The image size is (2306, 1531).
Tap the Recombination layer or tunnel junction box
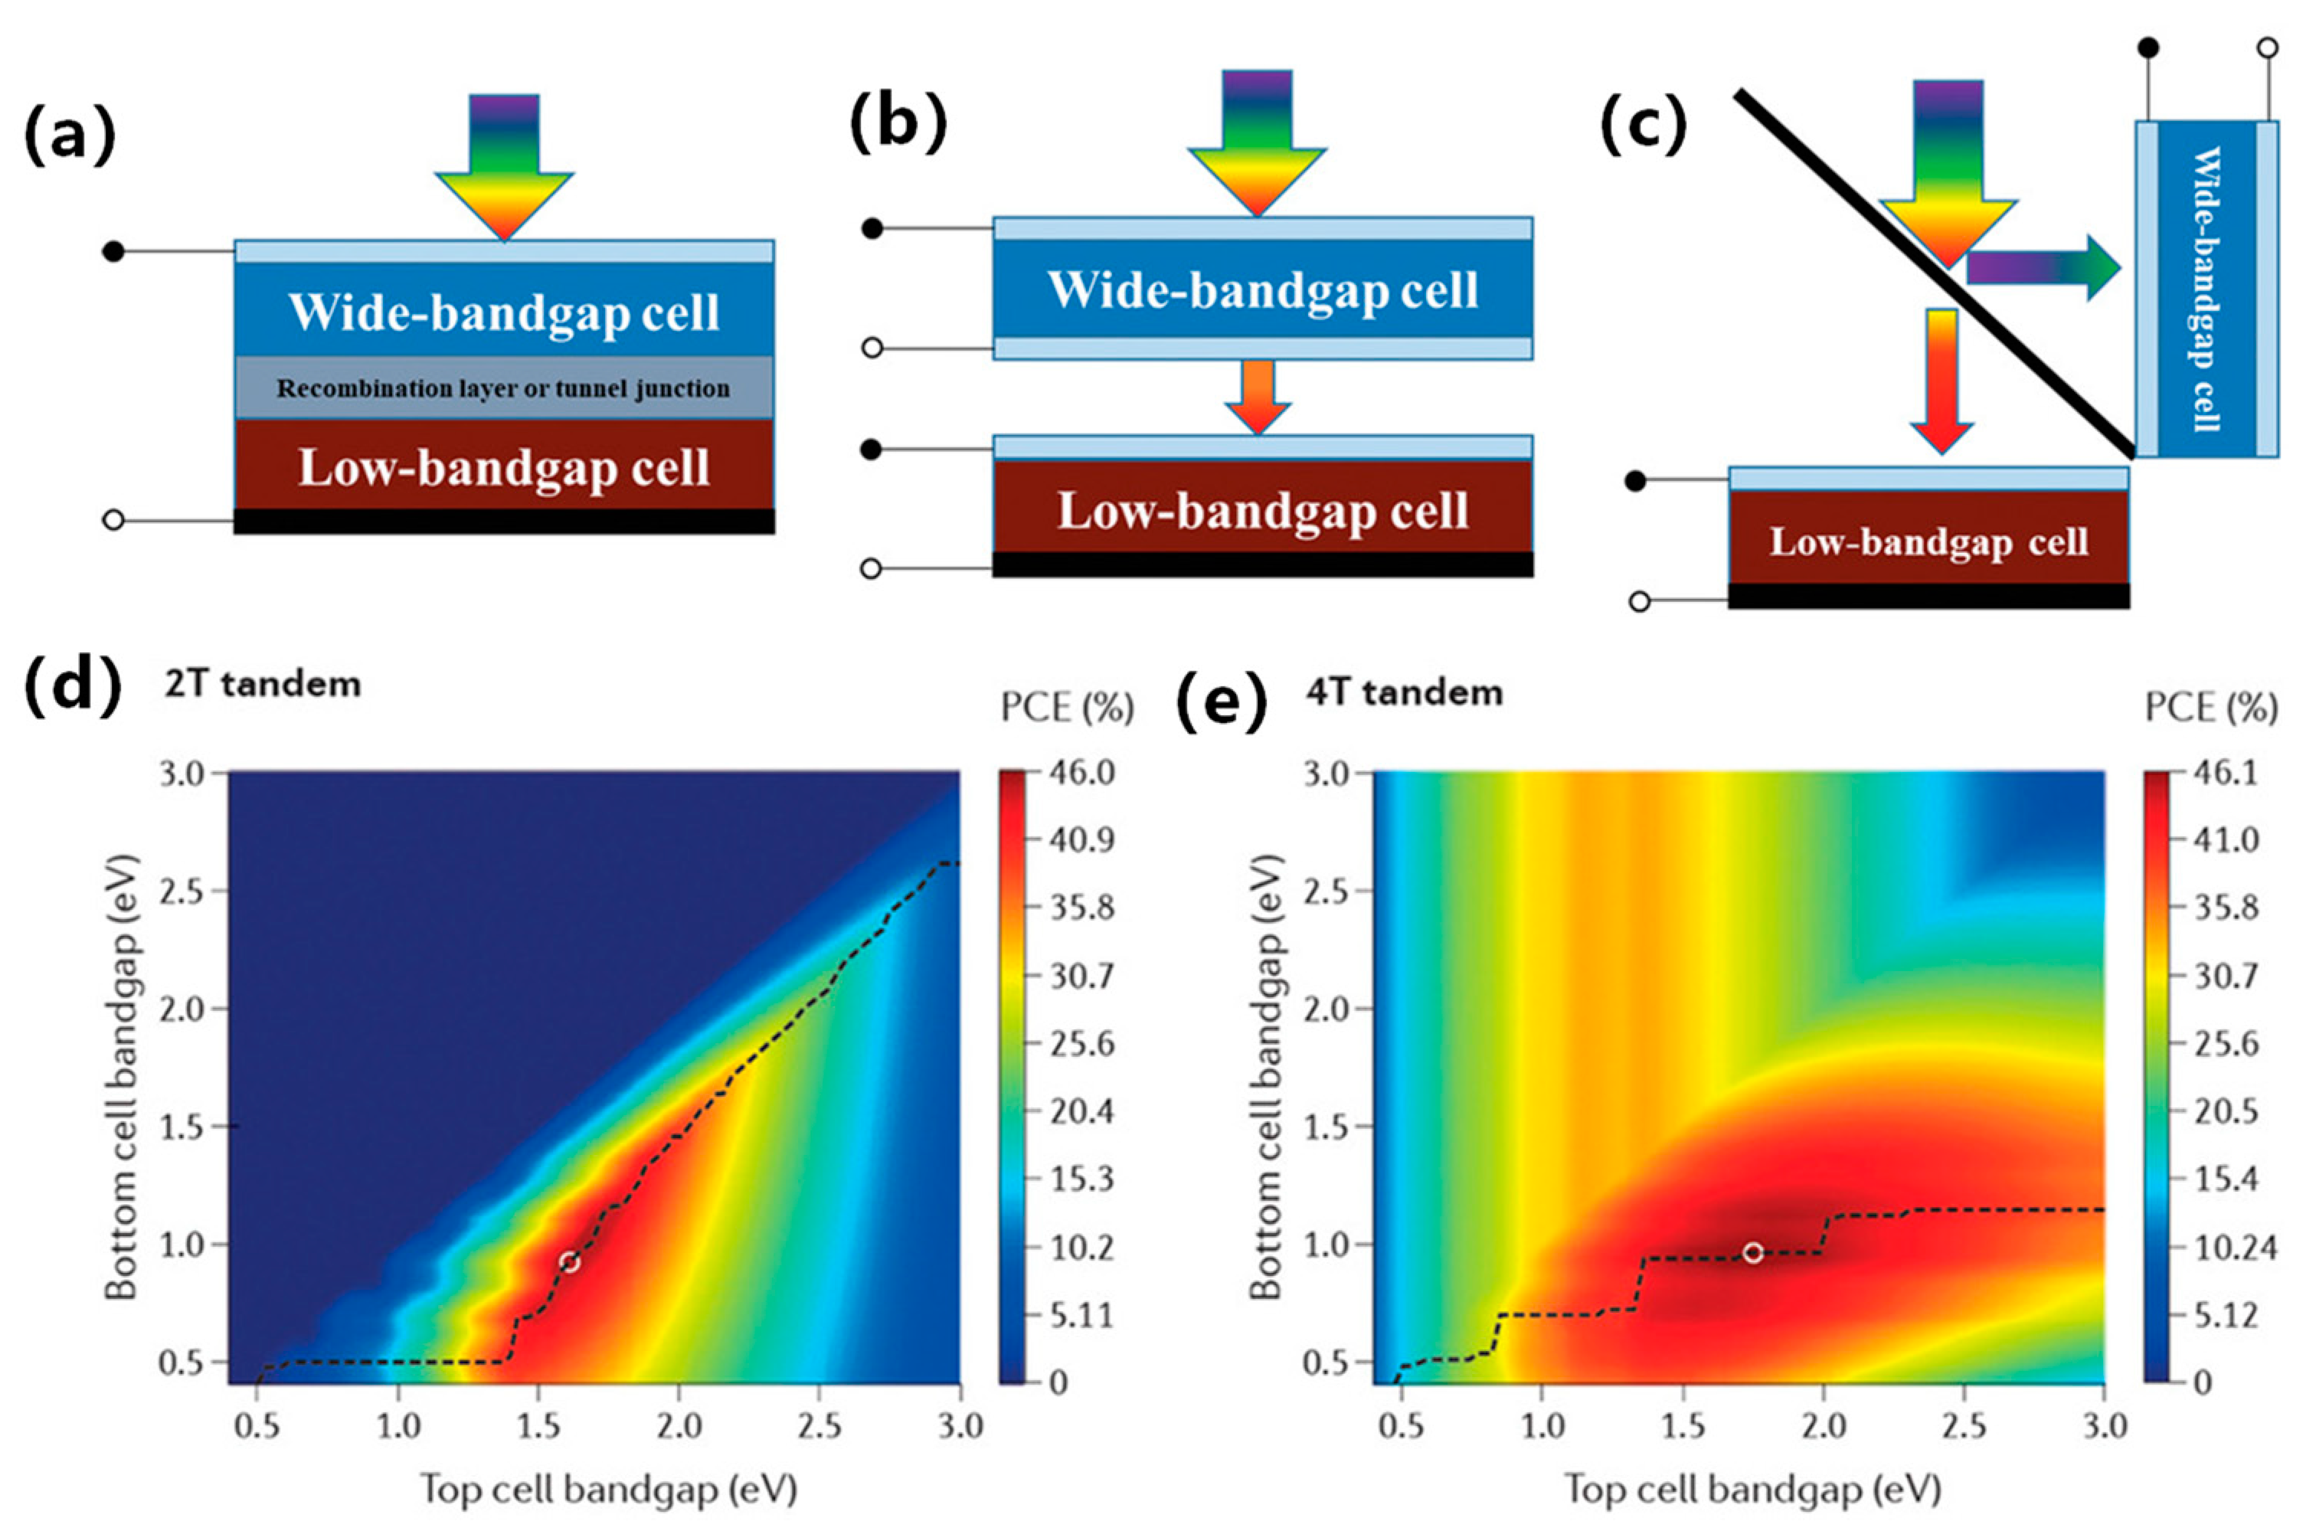click(503, 388)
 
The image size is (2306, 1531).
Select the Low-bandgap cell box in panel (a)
click(503, 466)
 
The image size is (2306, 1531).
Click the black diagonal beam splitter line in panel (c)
click(1933, 273)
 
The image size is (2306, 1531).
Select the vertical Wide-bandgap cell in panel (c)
click(2206, 289)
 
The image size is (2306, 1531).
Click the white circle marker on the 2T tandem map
click(569, 1261)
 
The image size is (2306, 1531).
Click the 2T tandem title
click(263, 683)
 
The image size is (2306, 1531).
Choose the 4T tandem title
click(1404, 692)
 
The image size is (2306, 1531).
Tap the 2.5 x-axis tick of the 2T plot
click(819, 1428)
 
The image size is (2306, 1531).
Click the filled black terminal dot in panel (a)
click(113, 252)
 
